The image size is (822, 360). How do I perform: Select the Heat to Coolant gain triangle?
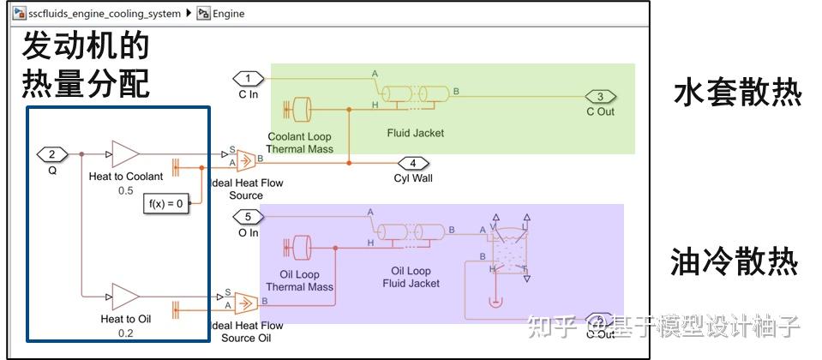124,154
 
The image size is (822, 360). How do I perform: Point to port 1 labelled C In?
248,79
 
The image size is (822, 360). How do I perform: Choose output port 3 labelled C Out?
600,96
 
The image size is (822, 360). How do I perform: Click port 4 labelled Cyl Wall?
413,163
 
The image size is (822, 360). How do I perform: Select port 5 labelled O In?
248,217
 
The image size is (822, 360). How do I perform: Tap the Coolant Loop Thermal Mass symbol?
302,110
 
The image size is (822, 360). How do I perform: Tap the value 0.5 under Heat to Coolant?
125,190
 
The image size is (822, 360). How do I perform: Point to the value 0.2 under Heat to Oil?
125,333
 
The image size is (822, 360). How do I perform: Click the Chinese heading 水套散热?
737,93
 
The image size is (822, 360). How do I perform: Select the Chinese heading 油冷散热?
737,262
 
